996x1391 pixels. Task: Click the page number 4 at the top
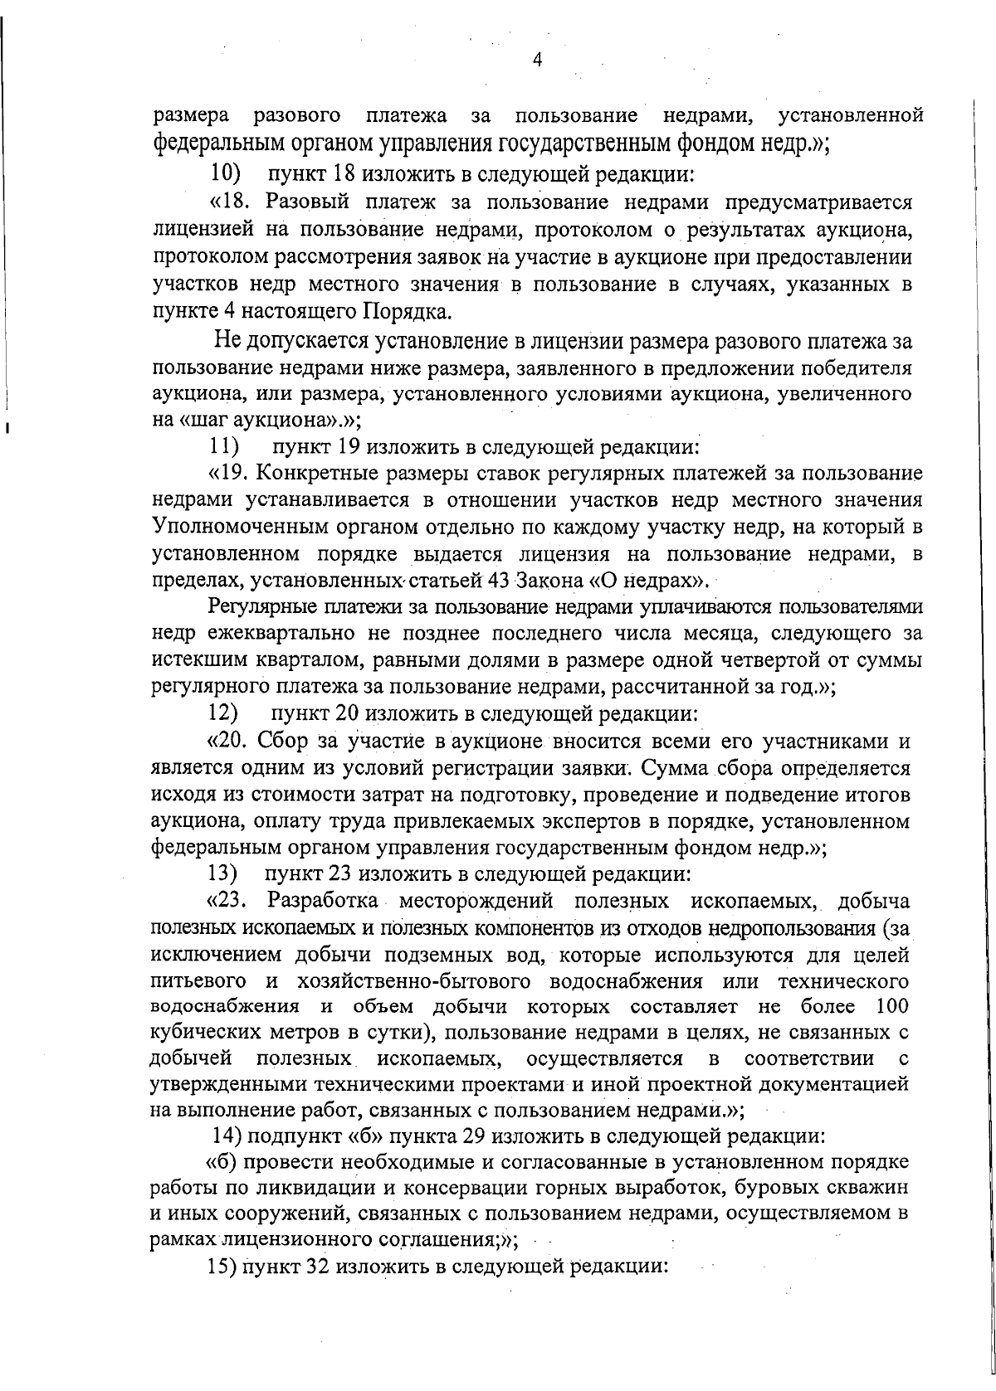pyautogui.click(x=537, y=59)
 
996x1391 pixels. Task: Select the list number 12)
pyautogui.click(x=223, y=713)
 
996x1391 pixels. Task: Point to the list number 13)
pyautogui.click(x=223, y=874)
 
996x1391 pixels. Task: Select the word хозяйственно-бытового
pyautogui.click(x=412, y=981)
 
